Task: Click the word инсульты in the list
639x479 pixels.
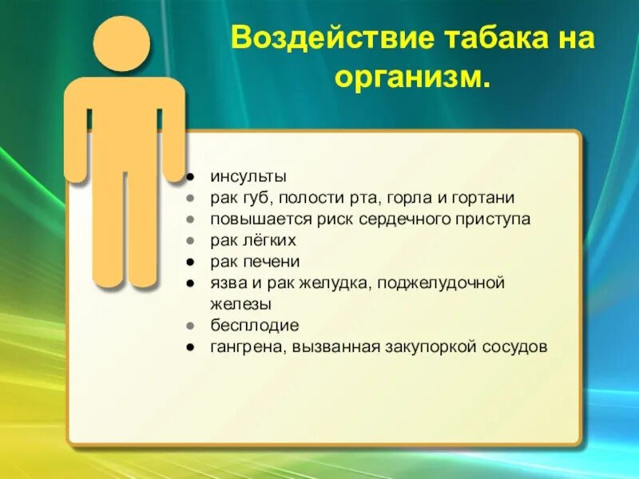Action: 248,176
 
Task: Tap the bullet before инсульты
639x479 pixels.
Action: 192,176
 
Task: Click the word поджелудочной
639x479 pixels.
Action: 455,283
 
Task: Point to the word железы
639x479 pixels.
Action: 241,303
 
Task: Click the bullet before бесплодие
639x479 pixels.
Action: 192,326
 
